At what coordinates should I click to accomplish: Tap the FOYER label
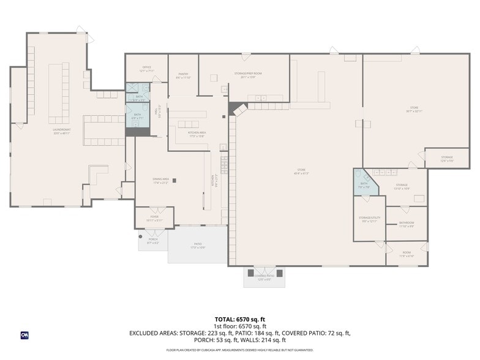[x=154, y=218]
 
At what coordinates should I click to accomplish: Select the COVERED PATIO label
[x=264, y=277]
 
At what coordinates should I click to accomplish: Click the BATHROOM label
[x=407, y=224]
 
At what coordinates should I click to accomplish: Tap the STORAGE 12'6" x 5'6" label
[x=447, y=159]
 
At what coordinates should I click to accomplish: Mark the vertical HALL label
[x=159, y=111]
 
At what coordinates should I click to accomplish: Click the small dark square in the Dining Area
[x=174, y=180]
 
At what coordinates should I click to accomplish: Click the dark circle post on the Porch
[x=141, y=236]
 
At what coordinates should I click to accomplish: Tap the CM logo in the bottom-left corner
[x=25, y=334]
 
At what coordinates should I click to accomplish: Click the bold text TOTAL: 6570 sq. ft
[x=239, y=319]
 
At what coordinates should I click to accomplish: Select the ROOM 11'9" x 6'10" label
[x=407, y=253]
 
